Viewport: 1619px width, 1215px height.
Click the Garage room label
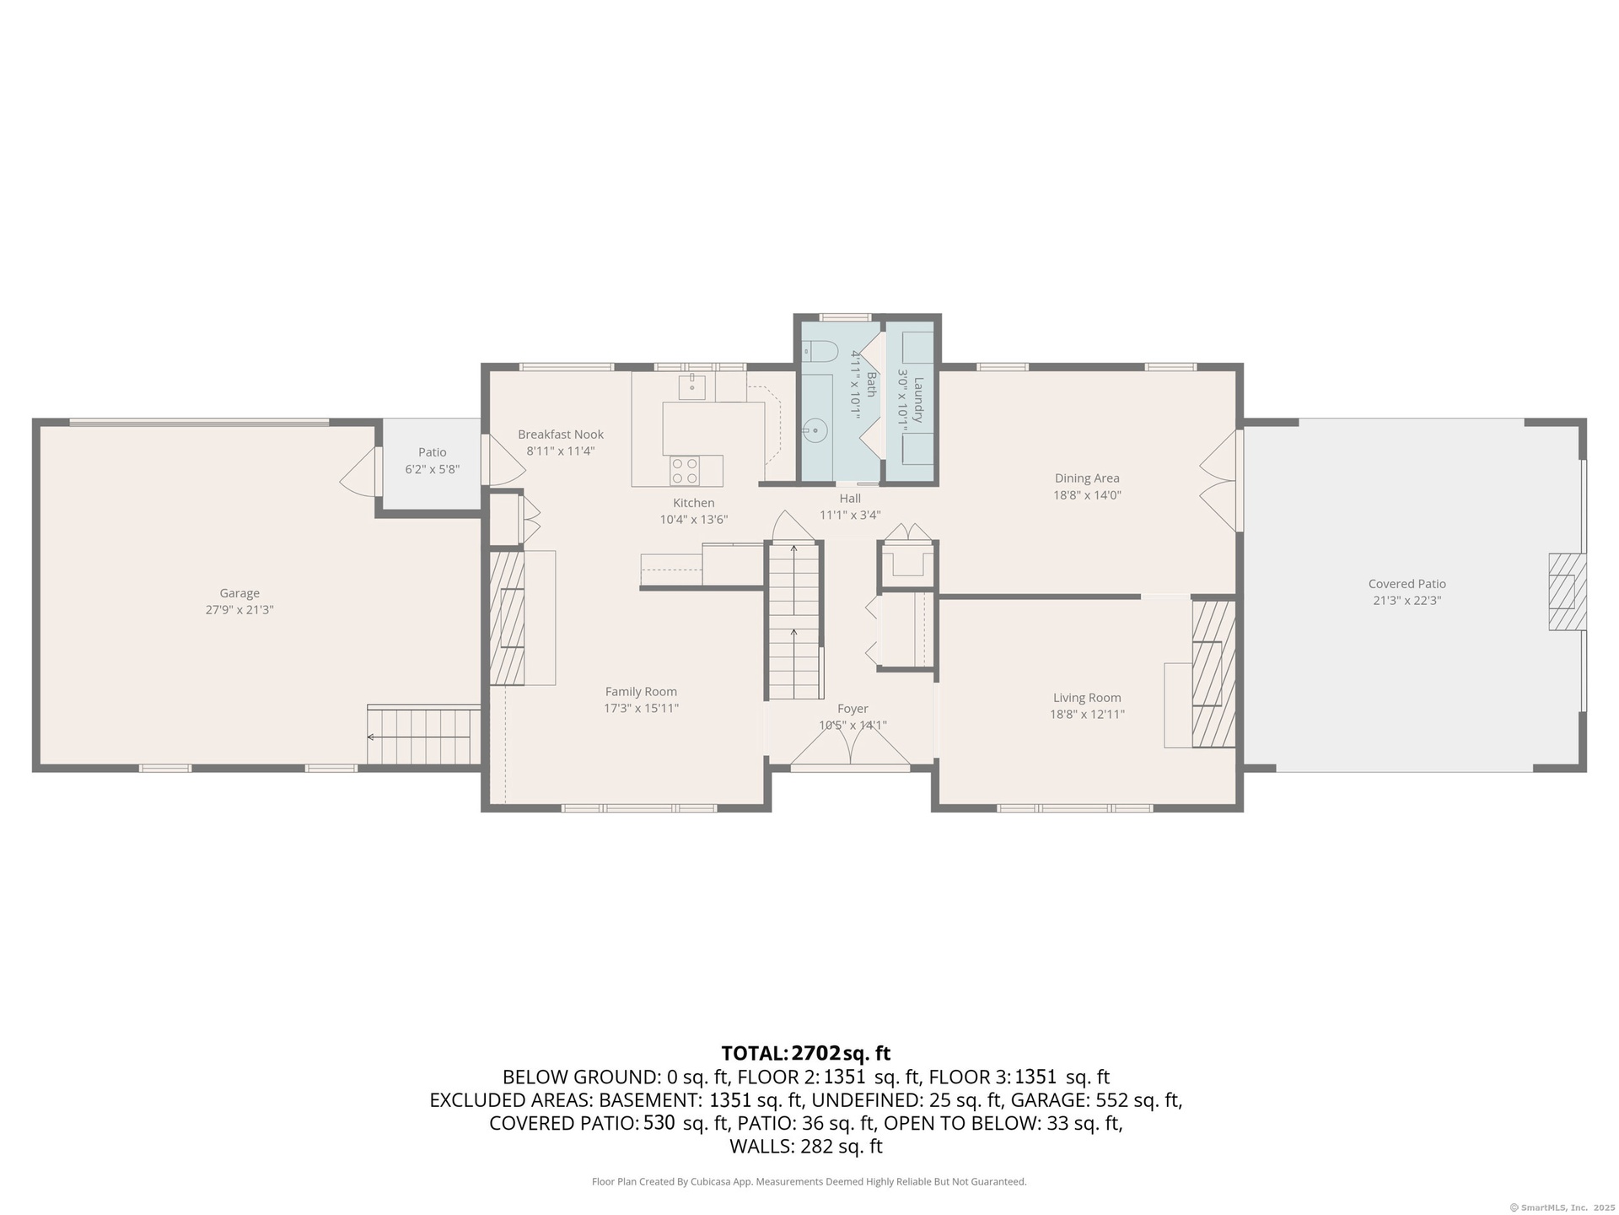[x=239, y=593]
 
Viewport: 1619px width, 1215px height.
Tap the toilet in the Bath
[x=818, y=350]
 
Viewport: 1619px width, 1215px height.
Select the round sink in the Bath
[x=815, y=430]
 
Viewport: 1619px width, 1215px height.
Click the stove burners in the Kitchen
[x=685, y=471]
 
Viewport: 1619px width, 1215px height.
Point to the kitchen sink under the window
[x=691, y=387]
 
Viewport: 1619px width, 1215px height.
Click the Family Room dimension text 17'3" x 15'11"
[x=641, y=709]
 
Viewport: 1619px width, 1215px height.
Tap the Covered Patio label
[x=1407, y=584]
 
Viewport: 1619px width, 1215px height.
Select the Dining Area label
[x=1087, y=478]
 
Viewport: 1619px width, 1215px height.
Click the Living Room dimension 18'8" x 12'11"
[x=1087, y=715]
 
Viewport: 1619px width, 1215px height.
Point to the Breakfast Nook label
[x=561, y=435]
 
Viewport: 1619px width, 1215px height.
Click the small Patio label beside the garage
[x=433, y=452]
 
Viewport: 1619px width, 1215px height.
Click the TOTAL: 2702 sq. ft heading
[x=806, y=1053]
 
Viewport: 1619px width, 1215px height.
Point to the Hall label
[x=850, y=499]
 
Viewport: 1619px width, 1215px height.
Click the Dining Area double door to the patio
[x=1219, y=481]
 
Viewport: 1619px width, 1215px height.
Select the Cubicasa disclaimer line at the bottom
[x=809, y=1182]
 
